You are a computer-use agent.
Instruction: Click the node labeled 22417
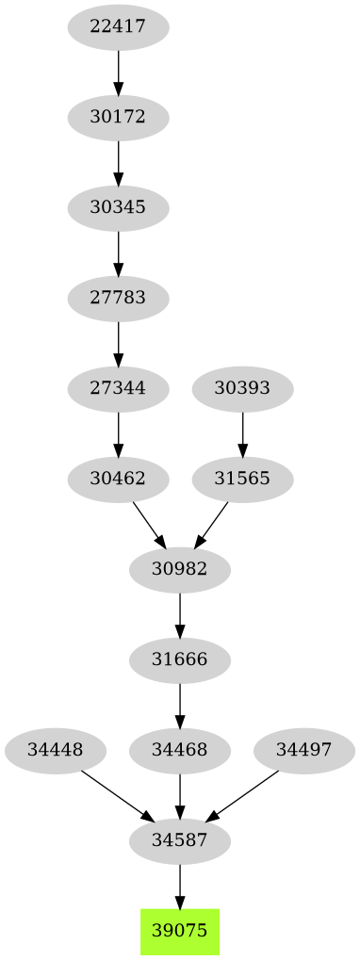(x=118, y=27)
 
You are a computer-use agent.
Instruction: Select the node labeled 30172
(x=118, y=118)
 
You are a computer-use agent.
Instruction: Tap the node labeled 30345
(x=118, y=208)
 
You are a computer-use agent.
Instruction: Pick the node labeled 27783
(x=118, y=299)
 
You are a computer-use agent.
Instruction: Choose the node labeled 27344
(x=118, y=388)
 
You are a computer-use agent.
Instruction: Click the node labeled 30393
(x=242, y=388)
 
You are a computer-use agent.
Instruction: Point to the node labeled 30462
(x=118, y=479)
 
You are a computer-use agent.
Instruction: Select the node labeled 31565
(x=242, y=479)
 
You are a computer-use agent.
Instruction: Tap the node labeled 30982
(x=180, y=569)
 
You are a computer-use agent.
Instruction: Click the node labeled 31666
(x=180, y=659)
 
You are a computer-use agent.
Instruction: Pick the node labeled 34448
(x=55, y=750)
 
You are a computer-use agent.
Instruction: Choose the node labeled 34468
(x=180, y=750)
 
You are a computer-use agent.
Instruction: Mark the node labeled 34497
(x=304, y=750)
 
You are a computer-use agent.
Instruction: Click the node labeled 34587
(x=180, y=840)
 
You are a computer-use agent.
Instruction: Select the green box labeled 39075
(x=180, y=931)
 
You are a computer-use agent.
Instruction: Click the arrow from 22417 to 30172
(x=118, y=72)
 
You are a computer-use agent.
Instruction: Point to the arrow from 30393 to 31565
(x=242, y=433)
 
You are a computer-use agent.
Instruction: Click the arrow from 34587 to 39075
(x=180, y=886)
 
